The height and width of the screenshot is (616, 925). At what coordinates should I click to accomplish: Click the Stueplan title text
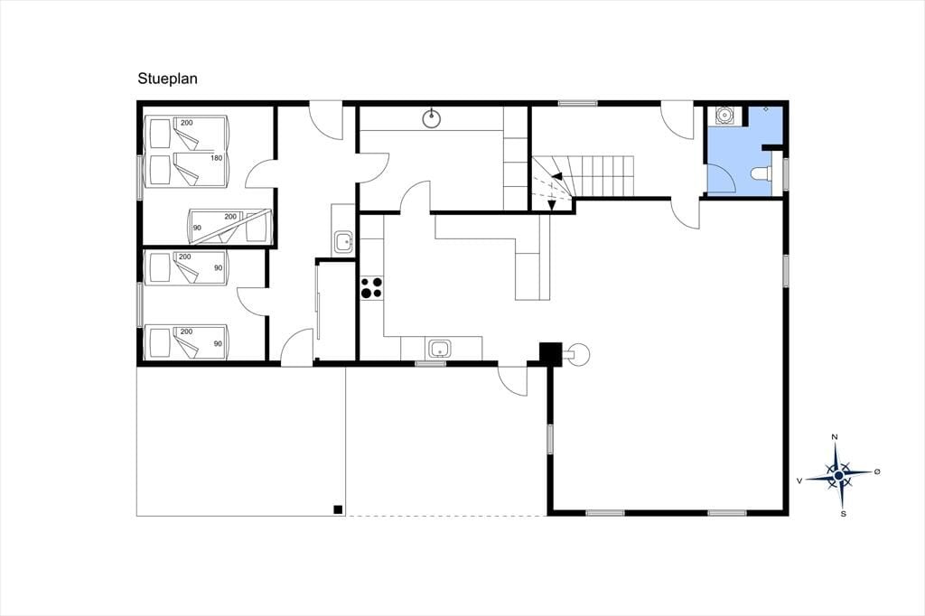pos(167,79)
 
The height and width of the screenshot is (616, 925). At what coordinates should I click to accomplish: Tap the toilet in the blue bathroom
pos(762,173)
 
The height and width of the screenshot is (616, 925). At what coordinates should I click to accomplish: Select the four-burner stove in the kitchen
pos(371,287)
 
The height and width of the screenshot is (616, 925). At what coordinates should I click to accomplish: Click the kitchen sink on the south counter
pos(439,348)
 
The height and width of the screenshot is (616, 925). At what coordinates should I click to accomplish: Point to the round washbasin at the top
pos(433,118)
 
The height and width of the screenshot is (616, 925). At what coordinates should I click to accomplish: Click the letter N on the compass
pos(834,437)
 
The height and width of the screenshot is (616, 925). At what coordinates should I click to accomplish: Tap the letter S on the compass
pos(844,514)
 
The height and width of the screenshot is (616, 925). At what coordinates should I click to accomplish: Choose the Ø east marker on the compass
pos(877,471)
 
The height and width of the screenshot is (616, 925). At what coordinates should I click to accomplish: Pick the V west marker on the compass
pos(799,481)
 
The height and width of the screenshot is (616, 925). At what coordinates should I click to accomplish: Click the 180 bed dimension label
pos(217,158)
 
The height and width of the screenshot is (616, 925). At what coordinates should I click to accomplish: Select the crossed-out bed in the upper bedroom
pos(230,226)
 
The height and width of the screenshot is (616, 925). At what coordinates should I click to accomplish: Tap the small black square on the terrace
pos(338,509)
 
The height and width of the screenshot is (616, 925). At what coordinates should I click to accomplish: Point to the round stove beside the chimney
pos(579,353)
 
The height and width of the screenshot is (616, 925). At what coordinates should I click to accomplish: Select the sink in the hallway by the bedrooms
pos(342,241)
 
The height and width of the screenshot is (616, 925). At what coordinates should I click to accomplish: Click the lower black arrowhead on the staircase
pos(552,205)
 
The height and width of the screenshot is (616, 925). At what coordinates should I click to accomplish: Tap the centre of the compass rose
pos(838,476)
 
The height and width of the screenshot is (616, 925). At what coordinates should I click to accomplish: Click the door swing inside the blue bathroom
pos(721,178)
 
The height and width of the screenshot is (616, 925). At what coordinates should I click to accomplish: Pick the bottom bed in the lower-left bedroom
pos(186,342)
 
